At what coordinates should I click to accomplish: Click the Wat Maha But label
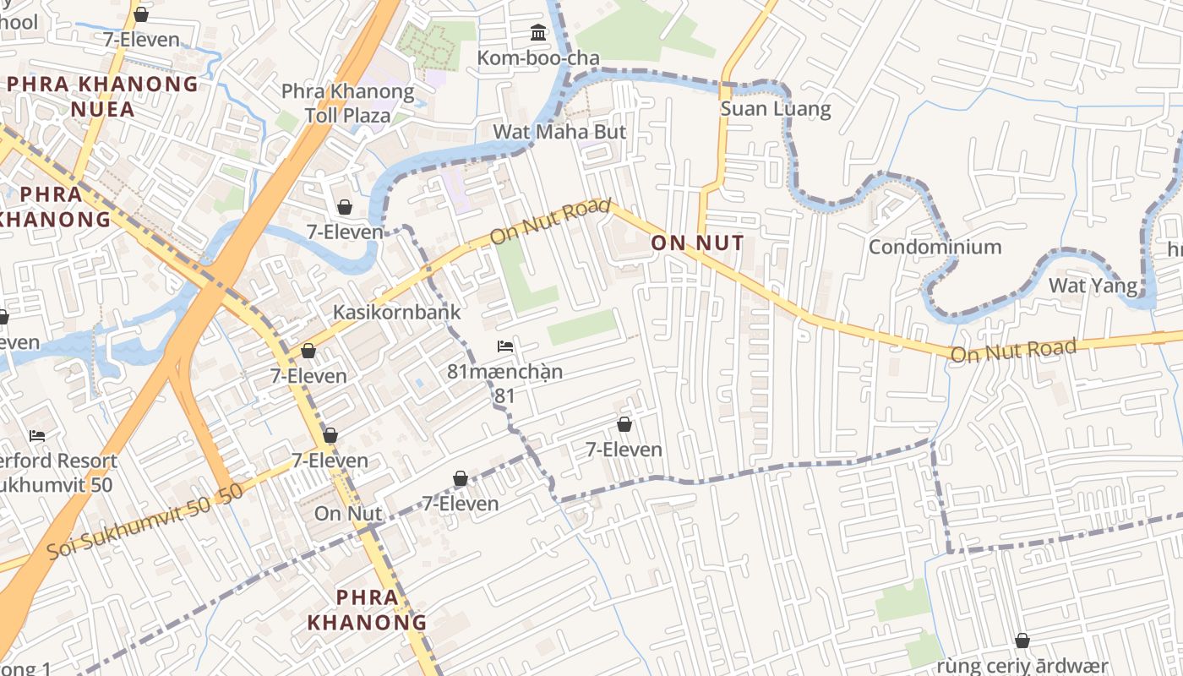tap(559, 132)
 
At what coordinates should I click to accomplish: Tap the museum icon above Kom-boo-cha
tap(537, 33)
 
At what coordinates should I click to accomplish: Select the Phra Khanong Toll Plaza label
tap(347, 103)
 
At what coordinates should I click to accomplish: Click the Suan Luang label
tap(775, 109)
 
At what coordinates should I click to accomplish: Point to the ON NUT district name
tap(697, 244)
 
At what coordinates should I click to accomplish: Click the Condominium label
tap(935, 247)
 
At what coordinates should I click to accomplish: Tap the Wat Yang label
tap(1093, 286)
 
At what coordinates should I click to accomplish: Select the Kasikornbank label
tap(396, 312)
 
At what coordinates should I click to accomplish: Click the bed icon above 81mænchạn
tap(505, 346)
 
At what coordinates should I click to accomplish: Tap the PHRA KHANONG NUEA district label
tap(102, 96)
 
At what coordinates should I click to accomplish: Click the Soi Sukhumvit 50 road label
tap(144, 522)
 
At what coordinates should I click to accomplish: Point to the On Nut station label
tap(348, 513)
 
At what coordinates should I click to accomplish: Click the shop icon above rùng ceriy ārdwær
tap(1022, 641)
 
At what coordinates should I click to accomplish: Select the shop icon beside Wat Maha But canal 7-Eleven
tap(345, 207)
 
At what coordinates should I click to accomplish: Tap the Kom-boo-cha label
tap(538, 58)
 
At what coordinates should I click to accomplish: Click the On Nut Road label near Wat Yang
tap(1013, 349)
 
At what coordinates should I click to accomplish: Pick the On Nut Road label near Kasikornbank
tap(549, 222)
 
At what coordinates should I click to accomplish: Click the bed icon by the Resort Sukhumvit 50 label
tap(37, 436)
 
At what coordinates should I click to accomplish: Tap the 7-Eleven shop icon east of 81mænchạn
tap(624, 424)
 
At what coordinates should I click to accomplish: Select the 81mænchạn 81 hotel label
tap(504, 383)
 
